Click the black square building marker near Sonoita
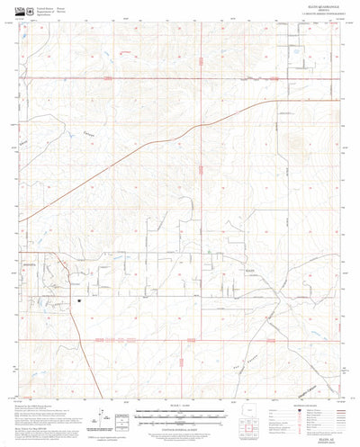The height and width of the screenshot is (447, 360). [79, 301]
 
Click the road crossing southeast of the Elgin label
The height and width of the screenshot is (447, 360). [270, 298]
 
